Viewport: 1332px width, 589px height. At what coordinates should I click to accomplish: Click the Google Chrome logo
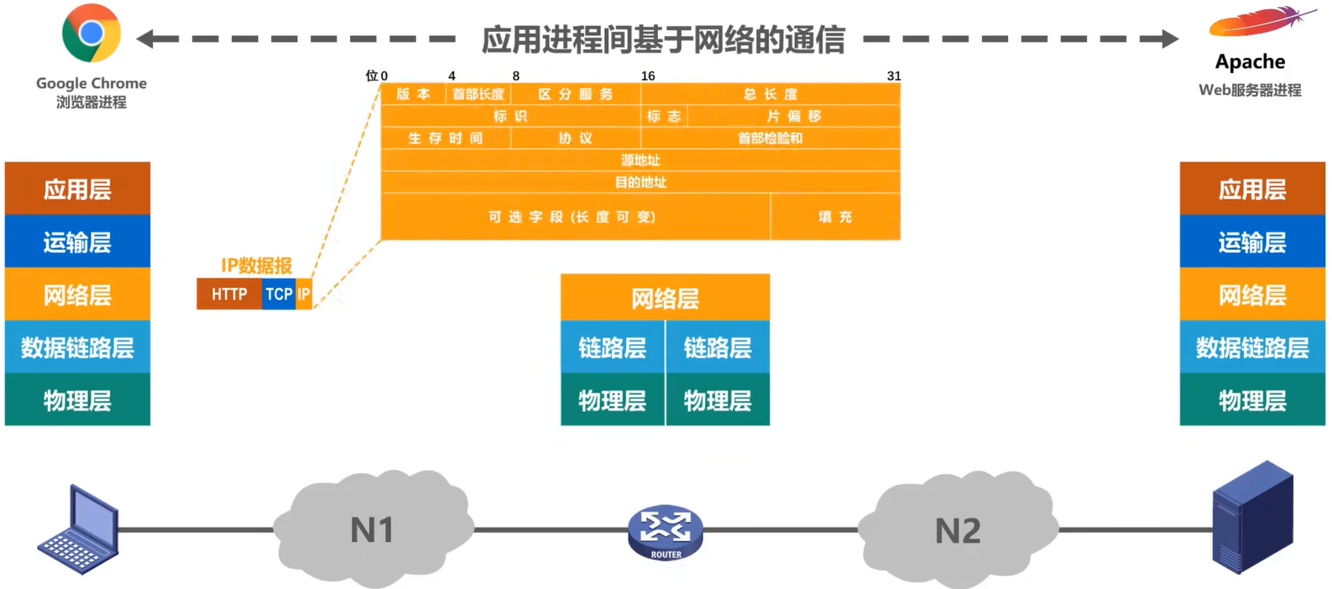click(x=91, y=34)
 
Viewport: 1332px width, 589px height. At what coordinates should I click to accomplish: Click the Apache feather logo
click(x=1260, y=23)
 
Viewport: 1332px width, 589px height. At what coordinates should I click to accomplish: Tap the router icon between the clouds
click(x=666, y=531)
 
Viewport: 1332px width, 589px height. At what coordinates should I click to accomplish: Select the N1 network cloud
click(x=373, y=529)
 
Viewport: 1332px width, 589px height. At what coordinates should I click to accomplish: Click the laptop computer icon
click(x=79, y=530)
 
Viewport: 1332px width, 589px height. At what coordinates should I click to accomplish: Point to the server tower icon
click(x=1252, y=517)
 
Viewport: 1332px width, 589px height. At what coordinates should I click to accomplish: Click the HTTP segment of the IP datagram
click(x=229, y=294)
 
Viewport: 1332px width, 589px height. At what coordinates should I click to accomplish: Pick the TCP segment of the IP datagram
click(x=279, y=294)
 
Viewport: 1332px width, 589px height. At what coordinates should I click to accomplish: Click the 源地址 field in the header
click(x=640, y=160)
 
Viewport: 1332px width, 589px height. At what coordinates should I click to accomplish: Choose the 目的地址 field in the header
click(x=640, y=182)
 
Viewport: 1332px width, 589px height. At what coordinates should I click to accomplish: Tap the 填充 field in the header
click(x=835, y=216)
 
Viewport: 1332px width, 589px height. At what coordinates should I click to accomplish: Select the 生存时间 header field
click(x=446, y=138)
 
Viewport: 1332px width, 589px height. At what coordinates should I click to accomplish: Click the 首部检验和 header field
click(x=770, y=138)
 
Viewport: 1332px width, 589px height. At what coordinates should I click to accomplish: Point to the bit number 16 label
click(x=648, y=76)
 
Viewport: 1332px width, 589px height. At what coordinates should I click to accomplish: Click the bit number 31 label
click(x=893, y=76)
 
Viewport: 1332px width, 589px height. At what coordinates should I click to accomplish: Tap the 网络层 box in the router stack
click(x=665, y=298)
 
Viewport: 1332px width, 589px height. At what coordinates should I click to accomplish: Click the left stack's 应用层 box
click(x=77, y=189)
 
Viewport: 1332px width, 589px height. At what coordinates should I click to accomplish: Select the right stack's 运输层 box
click(x=1251, y=242)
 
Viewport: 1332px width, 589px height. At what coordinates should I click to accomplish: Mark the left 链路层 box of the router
click(x=612, y=347)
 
